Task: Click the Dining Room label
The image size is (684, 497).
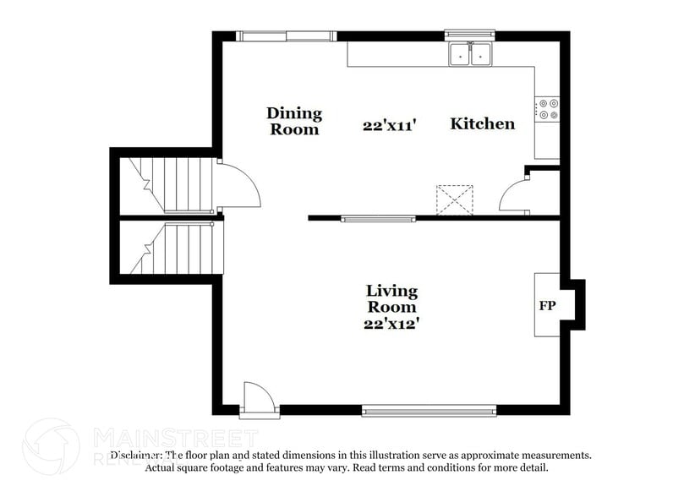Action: tap(293, 121)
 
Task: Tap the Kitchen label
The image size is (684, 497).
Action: tap(482, 123)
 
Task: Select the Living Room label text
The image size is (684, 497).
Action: tap(391, 298)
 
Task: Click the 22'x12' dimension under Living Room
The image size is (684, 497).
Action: tap(391, 322)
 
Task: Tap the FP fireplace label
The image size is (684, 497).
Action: tap(547, 306)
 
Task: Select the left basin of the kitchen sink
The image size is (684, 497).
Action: tap(460, 54)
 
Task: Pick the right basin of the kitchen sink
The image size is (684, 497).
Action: tap(481, 54)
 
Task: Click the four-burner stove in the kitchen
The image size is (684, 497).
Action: tap(547, 108)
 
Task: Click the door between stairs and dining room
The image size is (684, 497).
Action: tap(238, 185)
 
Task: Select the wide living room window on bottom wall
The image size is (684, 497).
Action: tap(428, 411)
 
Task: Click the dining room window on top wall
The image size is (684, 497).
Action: tap(285, 35)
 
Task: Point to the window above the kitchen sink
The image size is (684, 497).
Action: tap(470, 35)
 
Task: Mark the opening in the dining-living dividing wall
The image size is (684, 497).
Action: tap(378, 219)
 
